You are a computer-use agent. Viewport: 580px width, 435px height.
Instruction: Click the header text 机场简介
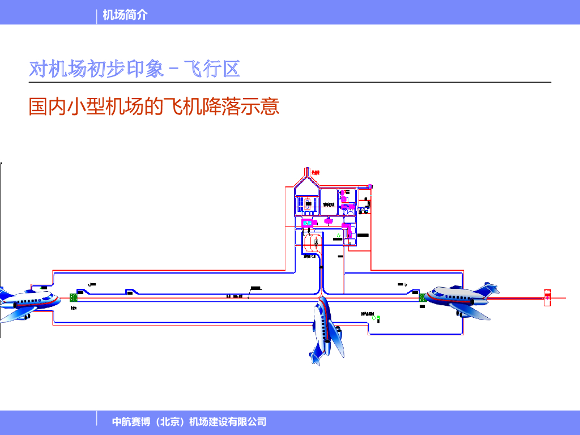click(x=125, y=15)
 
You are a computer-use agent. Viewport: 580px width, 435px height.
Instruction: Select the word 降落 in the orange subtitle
click(x=221, y=106)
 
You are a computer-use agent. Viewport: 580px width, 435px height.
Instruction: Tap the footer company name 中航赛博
click(x=130, y=421)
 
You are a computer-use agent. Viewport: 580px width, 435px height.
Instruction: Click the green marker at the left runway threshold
click(x=73, y=297)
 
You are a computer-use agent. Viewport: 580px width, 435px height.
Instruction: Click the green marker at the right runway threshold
click(x=422, y=297)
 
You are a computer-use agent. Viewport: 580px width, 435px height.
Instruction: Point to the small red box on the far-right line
click(x=547, y=297)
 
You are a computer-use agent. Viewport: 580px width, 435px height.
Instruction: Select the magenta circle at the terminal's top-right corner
click(x=370, y=186)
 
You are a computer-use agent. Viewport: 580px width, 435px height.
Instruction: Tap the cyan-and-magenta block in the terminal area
click(x=308, y=223)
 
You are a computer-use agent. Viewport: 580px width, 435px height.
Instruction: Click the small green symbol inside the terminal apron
click(x=339, y=235)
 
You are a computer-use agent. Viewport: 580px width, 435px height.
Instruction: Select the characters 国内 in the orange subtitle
click(x=48, y=106)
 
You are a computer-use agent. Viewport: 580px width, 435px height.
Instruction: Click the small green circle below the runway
click(x=378, y=318)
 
